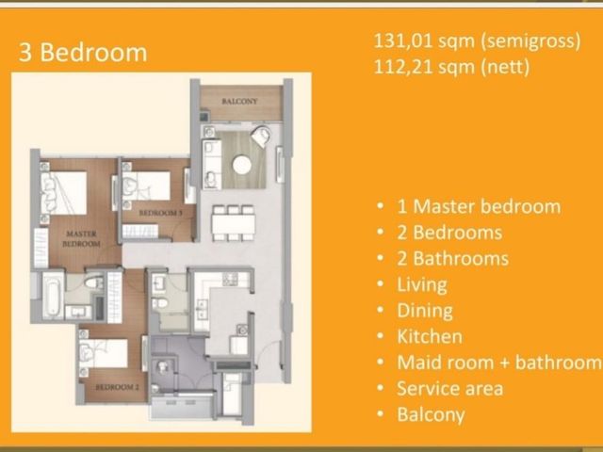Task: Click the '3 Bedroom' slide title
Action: pyautogui.click(x=83, y=53)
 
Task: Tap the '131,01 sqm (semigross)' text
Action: pyautogui.click(x=477, y=40)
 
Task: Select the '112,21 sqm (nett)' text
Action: pyautogui.click(x=451, y=67)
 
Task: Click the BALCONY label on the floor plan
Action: pyautogui.click(x=239, y=102)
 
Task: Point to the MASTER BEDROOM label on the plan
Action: pyautogui.click(x=81, y=238)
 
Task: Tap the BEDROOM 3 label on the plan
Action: pyautogui.click(x=160, y=213)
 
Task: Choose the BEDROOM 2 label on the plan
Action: pyautogui.click(x=117, y=387)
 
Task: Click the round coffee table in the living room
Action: pyautogui.click(x=242, y=165)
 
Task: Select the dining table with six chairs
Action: pyautogui.click(x=233, y=223)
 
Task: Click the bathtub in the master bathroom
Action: pyautogui.click(x=53, y=295)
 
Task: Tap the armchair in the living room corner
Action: pyautogui.click(x=261, y=136)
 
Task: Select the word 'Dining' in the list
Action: pyautogui.click(x=425, y=311)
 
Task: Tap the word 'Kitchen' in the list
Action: pyautogui.click(x=430, y=337)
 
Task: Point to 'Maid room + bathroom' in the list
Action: pyautogui.click(x=498, y=363)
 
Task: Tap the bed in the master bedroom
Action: pyautogui.click(x=63, y=193)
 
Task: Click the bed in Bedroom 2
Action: pyautogui.click(x=103, y=353)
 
